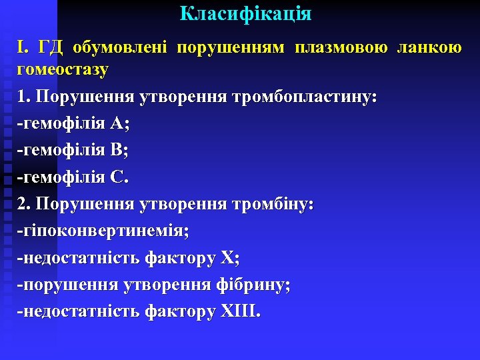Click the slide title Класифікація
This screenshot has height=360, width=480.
pyautogui.click(x=245, y=14)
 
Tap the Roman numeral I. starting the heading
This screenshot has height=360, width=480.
pyautogui.click(x=23, y=47)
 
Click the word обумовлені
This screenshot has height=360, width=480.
pyautogui.click(x=123, y=47)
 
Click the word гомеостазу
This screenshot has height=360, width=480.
pyautogui.click(x=63, y=69)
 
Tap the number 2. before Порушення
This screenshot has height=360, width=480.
pyautogui.click(x=25, y=203)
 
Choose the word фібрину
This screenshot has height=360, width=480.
pyautogui.click(x=253, y=284)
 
